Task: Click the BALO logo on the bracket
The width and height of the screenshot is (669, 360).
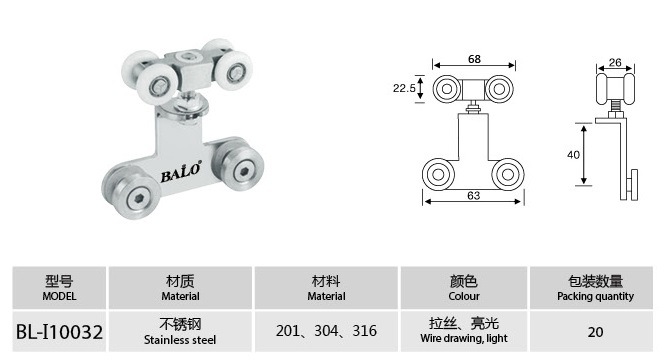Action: pyautogui.click(x=180, y=172)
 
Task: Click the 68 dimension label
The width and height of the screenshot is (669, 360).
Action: pyautogui.click(x=474, y=59)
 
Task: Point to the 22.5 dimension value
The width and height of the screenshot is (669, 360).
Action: pyautogui.click(x=404, y=88)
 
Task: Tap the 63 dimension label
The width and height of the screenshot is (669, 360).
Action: pyautogui.click(x=474, y=195)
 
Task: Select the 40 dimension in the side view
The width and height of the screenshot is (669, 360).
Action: pyautogui.click(x=573, y=154)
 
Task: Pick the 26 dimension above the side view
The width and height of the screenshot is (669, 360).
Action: pyautogui.click(x=615, y=62)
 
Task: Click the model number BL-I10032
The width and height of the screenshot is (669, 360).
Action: pyautogui.click(x=59, y=332)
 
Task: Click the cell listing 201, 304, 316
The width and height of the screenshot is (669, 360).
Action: pyautogui.click(x=326, y=331)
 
